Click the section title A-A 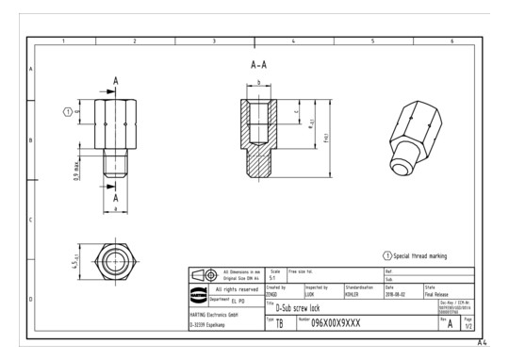tap(259, 66)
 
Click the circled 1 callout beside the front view tap(67, 111)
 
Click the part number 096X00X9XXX tap(346, 321)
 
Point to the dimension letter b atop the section tap(258, 84)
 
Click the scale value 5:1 tap(273, 277)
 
